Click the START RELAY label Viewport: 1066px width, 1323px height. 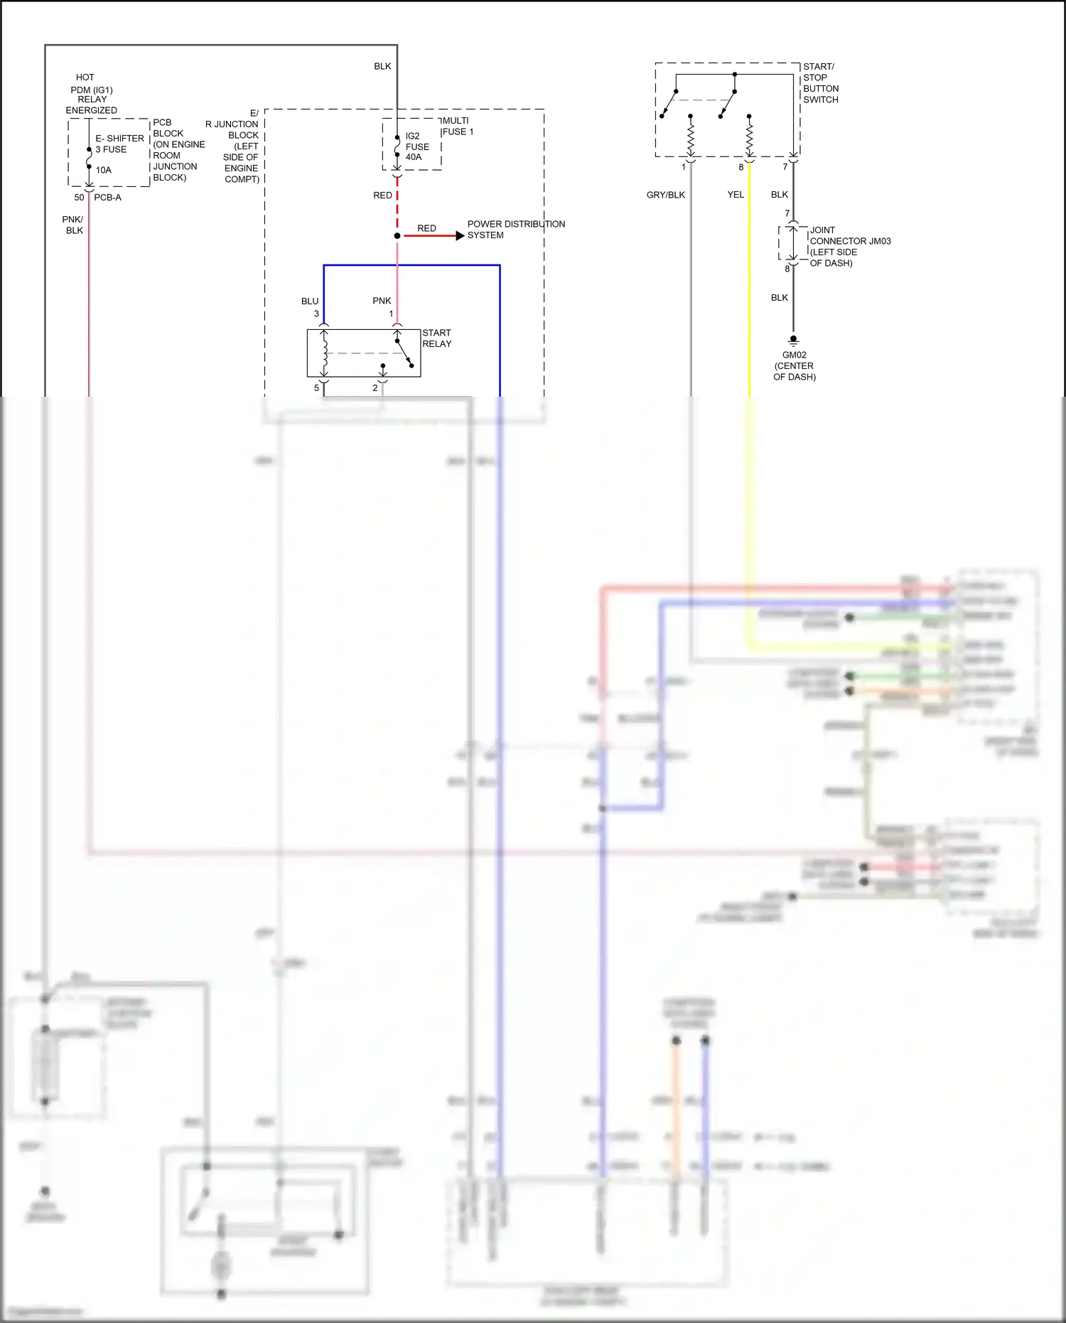click(436, 338)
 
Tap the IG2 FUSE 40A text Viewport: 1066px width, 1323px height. click(416, 146)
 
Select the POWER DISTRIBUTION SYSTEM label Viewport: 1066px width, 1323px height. click(515, 230)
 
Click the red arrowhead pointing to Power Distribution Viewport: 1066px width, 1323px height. click(460, 235)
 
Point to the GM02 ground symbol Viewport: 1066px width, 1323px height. click(794, 341)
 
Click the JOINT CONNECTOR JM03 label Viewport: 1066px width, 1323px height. click(849, 247)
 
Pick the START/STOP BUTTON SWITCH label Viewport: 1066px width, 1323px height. click(820, 83)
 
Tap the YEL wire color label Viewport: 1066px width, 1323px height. click(736, 195)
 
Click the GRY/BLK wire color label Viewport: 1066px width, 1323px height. click(665, 195)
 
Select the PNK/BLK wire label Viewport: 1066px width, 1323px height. click(73, 225)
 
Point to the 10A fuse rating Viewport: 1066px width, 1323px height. click(104, 171)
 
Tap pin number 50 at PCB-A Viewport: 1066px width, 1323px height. click(79, 198)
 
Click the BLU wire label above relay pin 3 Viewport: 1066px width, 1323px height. click(310, 301)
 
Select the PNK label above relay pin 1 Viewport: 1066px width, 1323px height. click(382, 301)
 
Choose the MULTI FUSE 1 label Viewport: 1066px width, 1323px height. click(457, 127)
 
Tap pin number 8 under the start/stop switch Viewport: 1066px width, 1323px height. click(741, 168)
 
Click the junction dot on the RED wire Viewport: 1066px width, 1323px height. click(397, 235)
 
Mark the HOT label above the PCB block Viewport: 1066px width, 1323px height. click(85, 77)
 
